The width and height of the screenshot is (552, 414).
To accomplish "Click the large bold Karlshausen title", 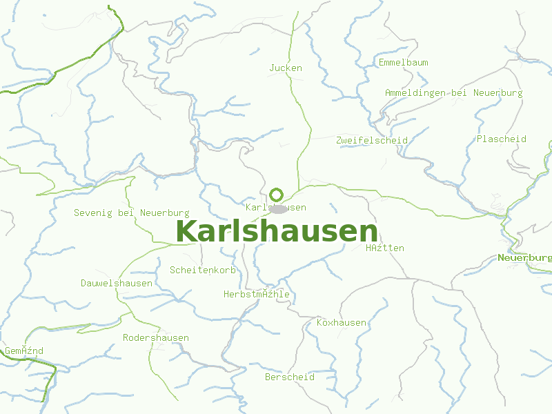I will coord(277,232).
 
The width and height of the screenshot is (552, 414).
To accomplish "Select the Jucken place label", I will coord(286,68).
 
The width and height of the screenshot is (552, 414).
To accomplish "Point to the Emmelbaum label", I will coord(403,62).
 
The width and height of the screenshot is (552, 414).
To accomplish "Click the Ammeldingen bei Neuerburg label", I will coord(453,92).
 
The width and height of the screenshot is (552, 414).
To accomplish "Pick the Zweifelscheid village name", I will coord(371,140).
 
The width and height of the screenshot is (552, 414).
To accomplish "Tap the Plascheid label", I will coord(501,139).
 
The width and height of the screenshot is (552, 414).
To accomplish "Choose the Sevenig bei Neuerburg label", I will coord(131,213).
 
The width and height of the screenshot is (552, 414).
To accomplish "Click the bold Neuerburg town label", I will coord(524,258).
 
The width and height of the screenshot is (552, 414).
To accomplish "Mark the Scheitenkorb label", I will coord(203,270).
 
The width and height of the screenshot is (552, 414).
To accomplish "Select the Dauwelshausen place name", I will coord(116,283).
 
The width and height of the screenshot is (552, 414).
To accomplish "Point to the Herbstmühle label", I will coord(256,295).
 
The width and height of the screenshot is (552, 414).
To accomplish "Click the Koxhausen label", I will coord(341,322).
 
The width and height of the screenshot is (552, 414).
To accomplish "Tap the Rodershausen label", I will coord(155,337).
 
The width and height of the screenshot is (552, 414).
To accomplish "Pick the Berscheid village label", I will coord(290,377).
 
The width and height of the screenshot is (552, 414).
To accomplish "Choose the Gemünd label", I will coord(24,351).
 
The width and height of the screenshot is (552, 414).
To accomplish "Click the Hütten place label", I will coord(385,248).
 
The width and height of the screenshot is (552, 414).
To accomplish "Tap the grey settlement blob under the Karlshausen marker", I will coord(278,208).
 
